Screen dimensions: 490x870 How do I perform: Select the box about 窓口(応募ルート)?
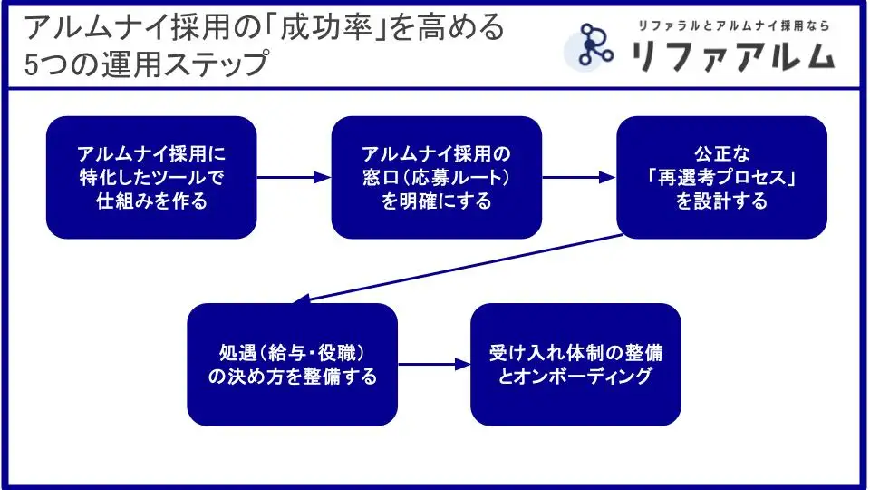pos(436,178)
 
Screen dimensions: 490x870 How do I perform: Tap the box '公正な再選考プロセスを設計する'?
pos(721,178)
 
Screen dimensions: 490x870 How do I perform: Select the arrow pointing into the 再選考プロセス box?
pos(579,178)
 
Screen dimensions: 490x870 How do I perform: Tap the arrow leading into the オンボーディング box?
pos(434,365)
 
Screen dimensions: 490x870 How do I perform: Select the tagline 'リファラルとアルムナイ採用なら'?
pos(734,25)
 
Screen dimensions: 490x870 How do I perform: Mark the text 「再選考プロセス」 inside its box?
pos(721,178)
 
